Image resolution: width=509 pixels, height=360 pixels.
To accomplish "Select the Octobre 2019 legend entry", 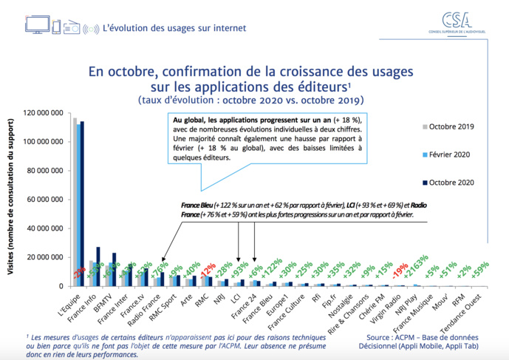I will coord(451,126).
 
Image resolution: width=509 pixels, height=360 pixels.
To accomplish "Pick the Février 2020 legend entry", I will coord(451,154).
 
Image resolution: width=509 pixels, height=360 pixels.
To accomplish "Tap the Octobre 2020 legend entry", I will coord(451,183).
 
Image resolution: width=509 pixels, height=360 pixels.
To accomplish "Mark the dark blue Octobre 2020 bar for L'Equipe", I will coord(82,203).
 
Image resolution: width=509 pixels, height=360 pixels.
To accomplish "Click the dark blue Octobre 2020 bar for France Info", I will coord(98,266).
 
